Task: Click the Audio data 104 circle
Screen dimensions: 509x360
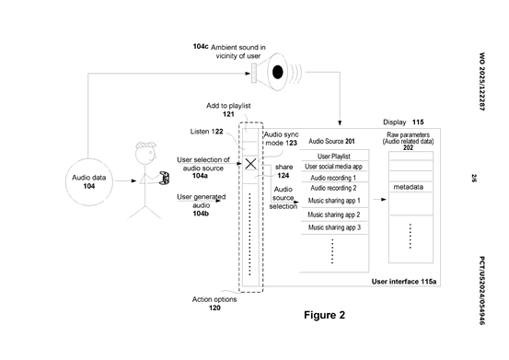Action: tap(89, 181)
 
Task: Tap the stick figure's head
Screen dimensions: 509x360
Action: tap(145, 154)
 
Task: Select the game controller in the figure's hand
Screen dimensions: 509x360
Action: tap(165, 179)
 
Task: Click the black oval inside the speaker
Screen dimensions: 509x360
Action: tap(278, 72)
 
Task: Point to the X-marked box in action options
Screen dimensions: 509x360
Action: tap(250, 164)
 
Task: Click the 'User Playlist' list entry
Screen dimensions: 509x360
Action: tap(334, 157)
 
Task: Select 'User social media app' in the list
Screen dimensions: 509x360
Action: tap(333, 167)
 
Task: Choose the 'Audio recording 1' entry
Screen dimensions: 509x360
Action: tap(333, 178)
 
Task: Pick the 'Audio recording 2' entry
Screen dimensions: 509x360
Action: tap(333, 188)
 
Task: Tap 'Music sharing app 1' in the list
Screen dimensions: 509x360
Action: tap(334, 201)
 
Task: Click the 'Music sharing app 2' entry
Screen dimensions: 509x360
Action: tap(334, 215)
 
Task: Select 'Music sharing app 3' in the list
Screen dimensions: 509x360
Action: tap(334, 227)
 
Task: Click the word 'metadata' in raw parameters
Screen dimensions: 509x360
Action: tap(408, 187)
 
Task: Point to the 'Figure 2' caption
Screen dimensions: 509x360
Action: tap(324, 315)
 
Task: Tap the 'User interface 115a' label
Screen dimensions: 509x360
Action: tap(404, 282)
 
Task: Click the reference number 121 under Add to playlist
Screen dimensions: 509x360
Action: tap(228, 114)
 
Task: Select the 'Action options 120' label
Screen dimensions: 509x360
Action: tap(214, 303)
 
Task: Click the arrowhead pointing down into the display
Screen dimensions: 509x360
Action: tap(340, 123)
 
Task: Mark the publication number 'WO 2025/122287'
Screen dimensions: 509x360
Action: tap(482, 81)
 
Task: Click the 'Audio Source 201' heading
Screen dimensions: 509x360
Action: tap(331, 141)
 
